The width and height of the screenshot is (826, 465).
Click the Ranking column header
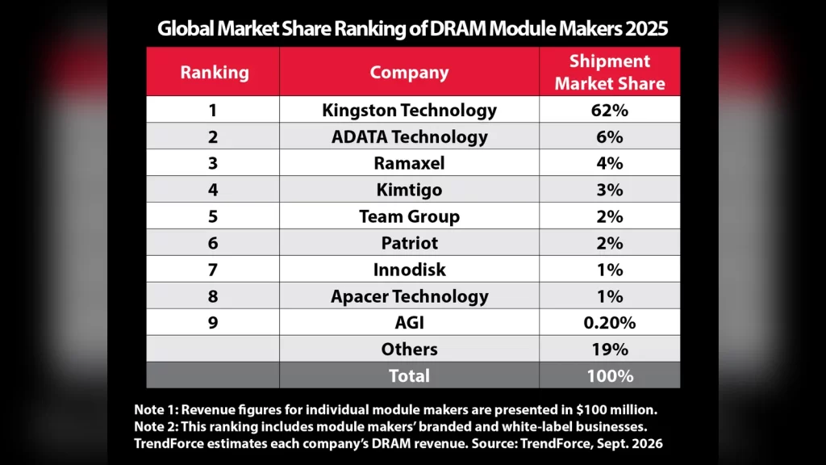(215, 72)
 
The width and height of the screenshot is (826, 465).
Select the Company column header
(409, 72)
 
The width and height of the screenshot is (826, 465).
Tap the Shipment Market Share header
(610, 72)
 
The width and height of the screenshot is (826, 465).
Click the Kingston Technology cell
(409, 110)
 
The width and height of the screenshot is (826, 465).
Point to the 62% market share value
(610, 110)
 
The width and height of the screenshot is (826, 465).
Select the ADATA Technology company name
(409, 137)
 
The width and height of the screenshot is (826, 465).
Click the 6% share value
(610, 137)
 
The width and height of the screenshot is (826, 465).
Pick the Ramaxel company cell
(409, 163)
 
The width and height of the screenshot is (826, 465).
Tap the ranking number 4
(213, 190)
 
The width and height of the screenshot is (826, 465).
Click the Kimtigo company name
(409, 190)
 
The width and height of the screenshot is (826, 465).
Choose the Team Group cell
(409, 216)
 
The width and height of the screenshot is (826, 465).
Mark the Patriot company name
(409, 243)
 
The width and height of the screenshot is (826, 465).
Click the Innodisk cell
(409, 270)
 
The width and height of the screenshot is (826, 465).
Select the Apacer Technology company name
(409, 296)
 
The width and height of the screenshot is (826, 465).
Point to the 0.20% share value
(610, 323)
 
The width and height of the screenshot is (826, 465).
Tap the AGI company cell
(409, 323)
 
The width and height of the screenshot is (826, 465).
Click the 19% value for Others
(610, 350)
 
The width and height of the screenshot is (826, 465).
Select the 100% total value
(610, 376)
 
